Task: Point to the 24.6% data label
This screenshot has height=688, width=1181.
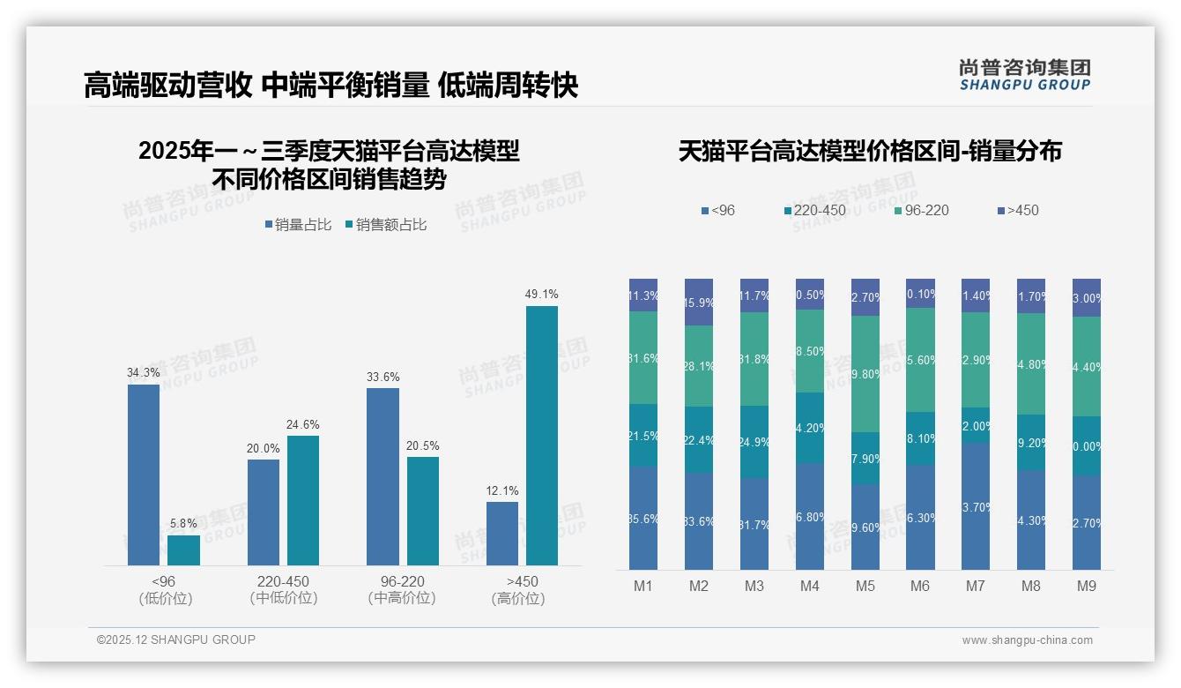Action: coord(303,424)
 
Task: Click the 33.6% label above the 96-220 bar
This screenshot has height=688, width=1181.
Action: coord(383,377)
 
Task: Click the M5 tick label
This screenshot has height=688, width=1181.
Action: coord(865,586)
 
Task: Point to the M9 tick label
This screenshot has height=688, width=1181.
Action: coord(1087,586)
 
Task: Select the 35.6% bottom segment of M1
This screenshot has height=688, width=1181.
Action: coord(643,518)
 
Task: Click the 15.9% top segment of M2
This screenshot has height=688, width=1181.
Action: coord(699,302)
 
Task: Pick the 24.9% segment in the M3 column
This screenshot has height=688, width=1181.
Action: coord(754,441)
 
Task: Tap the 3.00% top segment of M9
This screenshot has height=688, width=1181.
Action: coord(1087,297)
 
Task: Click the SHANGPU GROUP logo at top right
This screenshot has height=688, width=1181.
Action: coord(1024,75)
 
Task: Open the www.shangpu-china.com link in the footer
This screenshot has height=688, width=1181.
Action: coord(1027,640)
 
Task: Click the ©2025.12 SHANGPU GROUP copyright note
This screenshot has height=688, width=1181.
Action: coord(176,639)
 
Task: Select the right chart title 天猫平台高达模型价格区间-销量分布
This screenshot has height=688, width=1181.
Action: coord(870,152)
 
